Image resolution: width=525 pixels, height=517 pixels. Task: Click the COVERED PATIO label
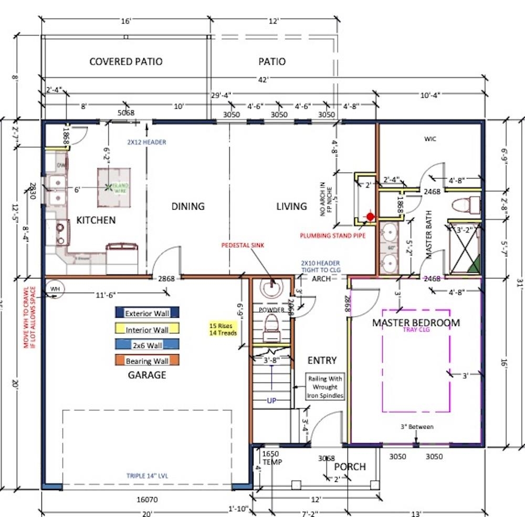125,61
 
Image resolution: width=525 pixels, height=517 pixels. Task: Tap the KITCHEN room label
96,220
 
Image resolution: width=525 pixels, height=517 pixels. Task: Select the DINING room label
188,206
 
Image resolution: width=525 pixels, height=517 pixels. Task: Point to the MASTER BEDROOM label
416,323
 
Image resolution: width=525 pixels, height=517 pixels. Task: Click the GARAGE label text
147,375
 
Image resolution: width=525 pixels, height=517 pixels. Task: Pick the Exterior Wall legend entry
147,313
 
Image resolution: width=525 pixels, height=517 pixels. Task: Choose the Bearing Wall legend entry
147,361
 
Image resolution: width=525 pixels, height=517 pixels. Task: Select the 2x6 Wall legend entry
147,345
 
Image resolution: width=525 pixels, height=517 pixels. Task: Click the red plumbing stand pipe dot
371,216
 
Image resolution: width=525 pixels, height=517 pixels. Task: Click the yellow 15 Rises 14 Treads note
223,329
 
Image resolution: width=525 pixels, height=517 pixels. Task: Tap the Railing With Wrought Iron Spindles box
325,387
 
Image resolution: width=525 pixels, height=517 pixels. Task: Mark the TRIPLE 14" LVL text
147,476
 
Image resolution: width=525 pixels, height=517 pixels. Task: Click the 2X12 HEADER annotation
146,142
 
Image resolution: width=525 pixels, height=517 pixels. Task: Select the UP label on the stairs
271,400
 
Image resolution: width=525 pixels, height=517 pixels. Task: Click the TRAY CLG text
416,330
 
